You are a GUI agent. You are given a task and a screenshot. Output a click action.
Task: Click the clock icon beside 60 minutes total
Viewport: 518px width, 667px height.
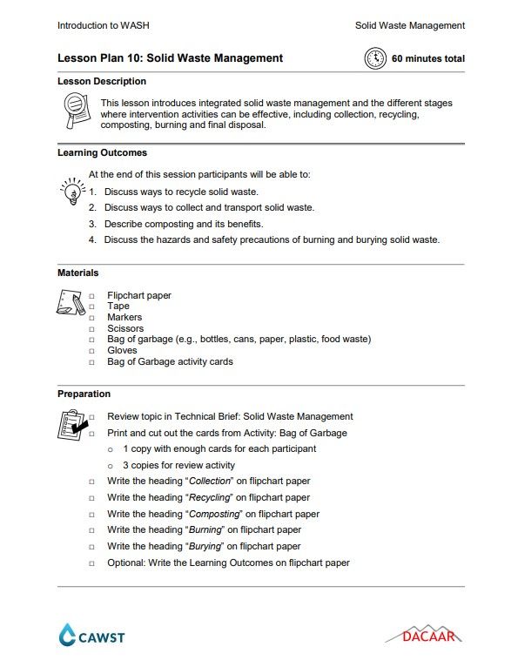(x=374, y=58)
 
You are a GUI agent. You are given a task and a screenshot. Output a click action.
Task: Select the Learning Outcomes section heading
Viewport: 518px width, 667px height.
(x=102, y=153)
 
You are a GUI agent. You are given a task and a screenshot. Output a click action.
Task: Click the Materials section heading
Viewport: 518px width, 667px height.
(x=77, y=273)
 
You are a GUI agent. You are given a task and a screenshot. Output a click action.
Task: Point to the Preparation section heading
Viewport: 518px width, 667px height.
(x=84, y=394)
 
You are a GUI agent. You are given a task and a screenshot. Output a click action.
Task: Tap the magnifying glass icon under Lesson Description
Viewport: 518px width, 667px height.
(x=76, y=111)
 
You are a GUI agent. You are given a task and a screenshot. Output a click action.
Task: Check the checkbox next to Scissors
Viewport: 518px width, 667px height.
(x=91, y=329)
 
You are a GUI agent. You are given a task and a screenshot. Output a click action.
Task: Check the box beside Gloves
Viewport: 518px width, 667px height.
(x=91, y=351)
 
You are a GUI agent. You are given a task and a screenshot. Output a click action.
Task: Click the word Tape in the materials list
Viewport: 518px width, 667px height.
(x=118, y=307)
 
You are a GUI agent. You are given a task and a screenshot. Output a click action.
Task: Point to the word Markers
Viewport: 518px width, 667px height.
(x=124, y=318)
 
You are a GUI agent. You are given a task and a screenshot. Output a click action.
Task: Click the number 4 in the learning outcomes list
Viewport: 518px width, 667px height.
(x=91, y=239)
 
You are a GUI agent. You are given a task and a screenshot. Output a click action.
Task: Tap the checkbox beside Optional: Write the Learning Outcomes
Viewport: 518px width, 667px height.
(x=91, y=563)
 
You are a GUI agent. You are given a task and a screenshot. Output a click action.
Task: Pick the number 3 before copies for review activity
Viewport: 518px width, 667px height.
(x=125, y=465)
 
